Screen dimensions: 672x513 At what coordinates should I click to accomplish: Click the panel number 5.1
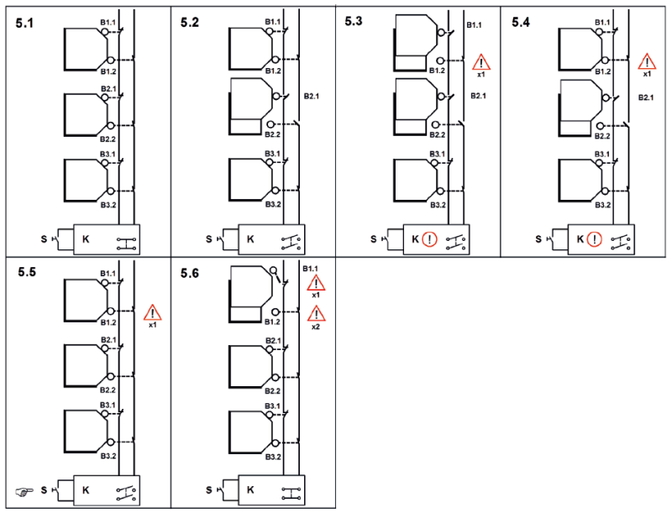(24, 24)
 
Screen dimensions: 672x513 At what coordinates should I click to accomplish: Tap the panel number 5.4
(521, 23)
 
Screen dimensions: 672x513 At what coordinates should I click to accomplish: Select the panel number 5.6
(190, 273)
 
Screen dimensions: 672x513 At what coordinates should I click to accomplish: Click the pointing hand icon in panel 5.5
(24, 491)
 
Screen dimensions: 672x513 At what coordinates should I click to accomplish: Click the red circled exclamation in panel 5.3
(429, 239)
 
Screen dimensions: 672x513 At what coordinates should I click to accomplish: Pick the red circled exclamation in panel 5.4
(594, 239)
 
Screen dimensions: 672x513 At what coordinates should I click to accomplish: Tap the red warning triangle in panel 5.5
(153, 312)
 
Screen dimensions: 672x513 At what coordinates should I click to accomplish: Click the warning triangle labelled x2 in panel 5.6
(317, 314)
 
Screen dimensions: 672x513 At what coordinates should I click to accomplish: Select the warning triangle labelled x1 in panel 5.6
(316, 283)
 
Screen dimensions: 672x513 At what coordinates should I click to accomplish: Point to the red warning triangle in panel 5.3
(481, 62)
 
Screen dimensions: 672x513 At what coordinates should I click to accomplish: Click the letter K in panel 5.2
(250, 239)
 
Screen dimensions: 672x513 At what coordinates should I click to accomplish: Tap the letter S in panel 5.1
(44, 239)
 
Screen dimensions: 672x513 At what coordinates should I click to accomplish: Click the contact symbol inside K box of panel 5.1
(127, 243)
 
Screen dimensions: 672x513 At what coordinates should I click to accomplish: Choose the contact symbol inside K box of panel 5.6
(291, 494)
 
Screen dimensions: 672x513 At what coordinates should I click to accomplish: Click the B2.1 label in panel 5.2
(312, 97)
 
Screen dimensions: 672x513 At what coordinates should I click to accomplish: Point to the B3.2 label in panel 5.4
(602, 205)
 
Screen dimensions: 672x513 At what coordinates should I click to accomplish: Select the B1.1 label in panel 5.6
(310, 269)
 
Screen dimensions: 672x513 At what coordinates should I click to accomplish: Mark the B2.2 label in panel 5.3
(437, 134)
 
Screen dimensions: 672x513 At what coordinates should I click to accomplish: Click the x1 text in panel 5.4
(647, 74)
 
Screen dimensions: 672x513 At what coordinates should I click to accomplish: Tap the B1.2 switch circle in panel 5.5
(111, 311)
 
